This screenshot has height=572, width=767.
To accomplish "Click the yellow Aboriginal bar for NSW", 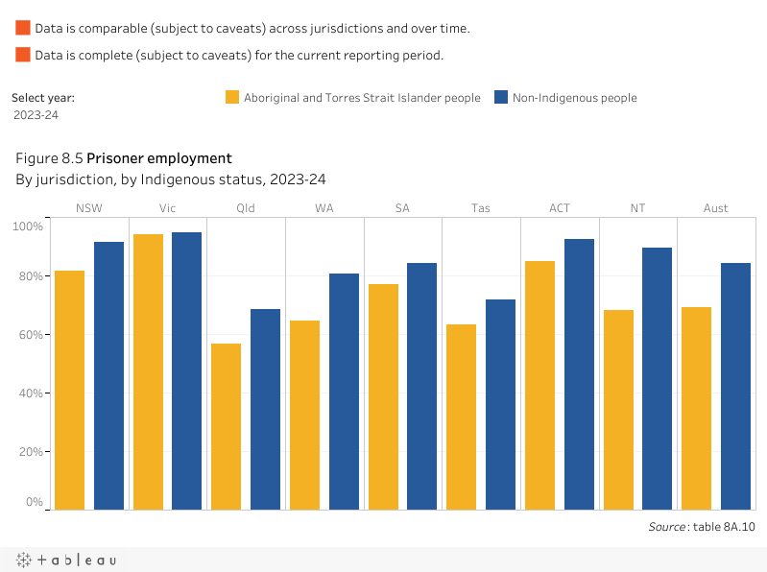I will click(69, 390).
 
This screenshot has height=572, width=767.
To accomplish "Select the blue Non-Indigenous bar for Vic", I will click(186, 370).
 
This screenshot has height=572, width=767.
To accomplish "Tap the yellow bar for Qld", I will click(226, 426).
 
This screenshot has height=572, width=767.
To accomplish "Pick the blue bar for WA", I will click(344, 392).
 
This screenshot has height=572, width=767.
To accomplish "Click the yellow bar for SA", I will click(382, 396).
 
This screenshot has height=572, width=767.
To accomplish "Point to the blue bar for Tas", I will click(500, 404).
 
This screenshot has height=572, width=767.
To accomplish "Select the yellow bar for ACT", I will click(539, 385).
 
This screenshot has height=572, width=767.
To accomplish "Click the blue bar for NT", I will click(657, 378).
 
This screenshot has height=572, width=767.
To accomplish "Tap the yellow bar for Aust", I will click(696, 408).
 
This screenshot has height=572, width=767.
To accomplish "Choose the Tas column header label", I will click(481, 208).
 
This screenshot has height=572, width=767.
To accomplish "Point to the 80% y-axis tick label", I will click(29, 276).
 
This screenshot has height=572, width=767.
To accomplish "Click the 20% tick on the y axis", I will click(29, 451).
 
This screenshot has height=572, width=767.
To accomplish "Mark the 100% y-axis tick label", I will click(27, 226).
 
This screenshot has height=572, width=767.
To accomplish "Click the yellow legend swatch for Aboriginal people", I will click(232, 97).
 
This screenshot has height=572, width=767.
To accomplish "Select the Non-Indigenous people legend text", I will click(574, 97).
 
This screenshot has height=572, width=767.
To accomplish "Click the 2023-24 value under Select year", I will click(36, 115).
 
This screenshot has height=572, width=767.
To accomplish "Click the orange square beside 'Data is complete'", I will click(23, 55).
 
